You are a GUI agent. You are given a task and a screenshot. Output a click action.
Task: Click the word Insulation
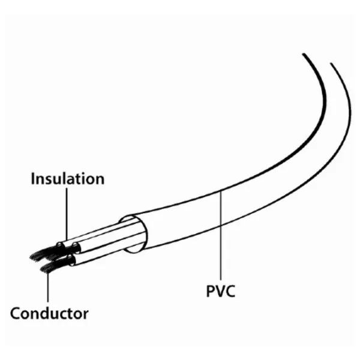[x=67, y=179]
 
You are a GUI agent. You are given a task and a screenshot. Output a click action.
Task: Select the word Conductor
[x=49, y=313]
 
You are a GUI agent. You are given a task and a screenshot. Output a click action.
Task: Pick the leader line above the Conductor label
[x=47, y=288]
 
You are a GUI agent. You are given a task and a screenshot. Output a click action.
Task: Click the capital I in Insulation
[x=33, y=179]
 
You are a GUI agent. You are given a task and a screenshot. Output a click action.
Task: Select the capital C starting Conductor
[x=16, y=313]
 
